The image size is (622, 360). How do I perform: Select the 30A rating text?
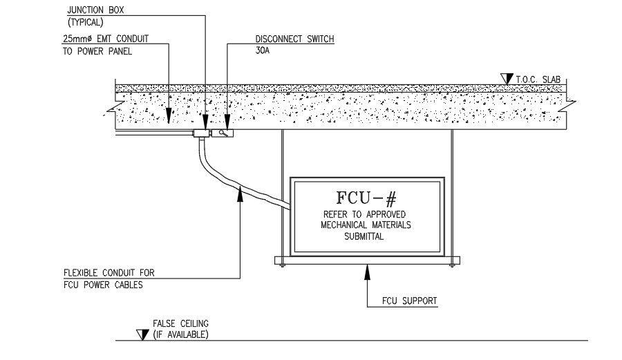[255, 50]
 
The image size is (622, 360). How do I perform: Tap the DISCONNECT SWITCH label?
[290, 39]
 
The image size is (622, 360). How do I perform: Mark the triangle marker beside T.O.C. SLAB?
[507, 79]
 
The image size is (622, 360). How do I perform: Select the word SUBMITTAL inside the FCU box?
[364, 236]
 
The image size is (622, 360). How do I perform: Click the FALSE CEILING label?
[180, 323]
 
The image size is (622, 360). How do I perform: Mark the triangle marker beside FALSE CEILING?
[143, 334]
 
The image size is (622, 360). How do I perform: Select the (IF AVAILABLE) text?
[180, 334]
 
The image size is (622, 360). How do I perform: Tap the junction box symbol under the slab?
[202, 133]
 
